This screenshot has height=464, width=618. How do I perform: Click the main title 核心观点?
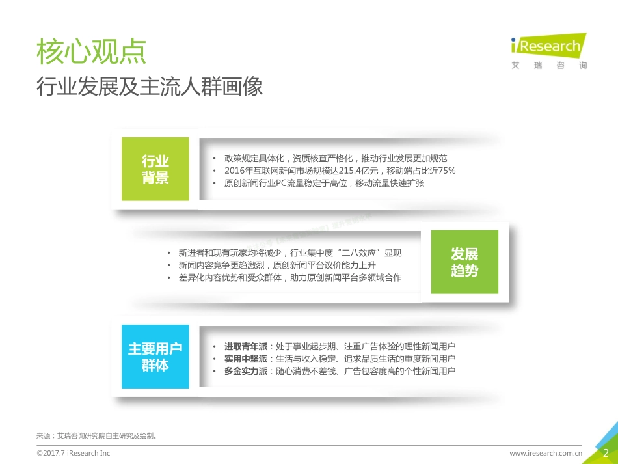pos(91,52)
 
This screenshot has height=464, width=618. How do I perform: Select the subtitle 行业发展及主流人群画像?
pos(149,86)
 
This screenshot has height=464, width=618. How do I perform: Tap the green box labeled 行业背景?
pos(155,169)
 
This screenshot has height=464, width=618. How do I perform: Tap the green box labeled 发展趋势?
pos(464,262)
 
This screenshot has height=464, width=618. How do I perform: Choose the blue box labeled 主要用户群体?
pos(155,357)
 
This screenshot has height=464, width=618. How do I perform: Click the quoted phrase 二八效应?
pos(359,253)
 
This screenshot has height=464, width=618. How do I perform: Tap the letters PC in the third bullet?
pos(282,184)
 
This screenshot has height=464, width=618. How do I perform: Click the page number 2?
pos(606,453)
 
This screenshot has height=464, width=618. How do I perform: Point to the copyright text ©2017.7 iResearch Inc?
pos(74,453)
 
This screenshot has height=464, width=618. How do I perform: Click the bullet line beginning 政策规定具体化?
pos(335,159)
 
